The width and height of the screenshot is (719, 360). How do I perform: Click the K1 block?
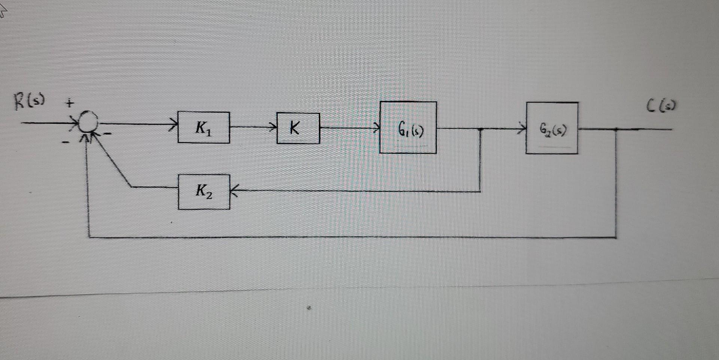pyautogui.click(x=204, y=127)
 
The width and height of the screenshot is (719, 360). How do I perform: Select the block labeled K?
pyautogui.click(x=298, y=128)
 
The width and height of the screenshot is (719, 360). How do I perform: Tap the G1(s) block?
pyautogui.click(x=408, y=127)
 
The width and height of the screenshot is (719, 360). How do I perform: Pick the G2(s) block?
pyautogui.click(x=552, y=128)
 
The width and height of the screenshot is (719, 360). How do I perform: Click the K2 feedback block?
pyautogui.click(x=204, y=192)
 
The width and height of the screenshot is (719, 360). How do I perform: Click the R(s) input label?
pyautogui.click(x=29, y=101)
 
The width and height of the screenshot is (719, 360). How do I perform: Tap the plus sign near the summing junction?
pyautogui.click(x=70, y=103)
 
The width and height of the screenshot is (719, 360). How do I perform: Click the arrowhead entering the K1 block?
pyautogui.click(x=174, y=124)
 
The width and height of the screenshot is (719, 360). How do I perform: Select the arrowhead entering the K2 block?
pyautogui.click(x=234, y=191)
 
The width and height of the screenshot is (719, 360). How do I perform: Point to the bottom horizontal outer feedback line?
pyautogui.click(x=352, y=237)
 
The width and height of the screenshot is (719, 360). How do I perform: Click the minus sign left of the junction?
pyautogui.click(x=65, y=142)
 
